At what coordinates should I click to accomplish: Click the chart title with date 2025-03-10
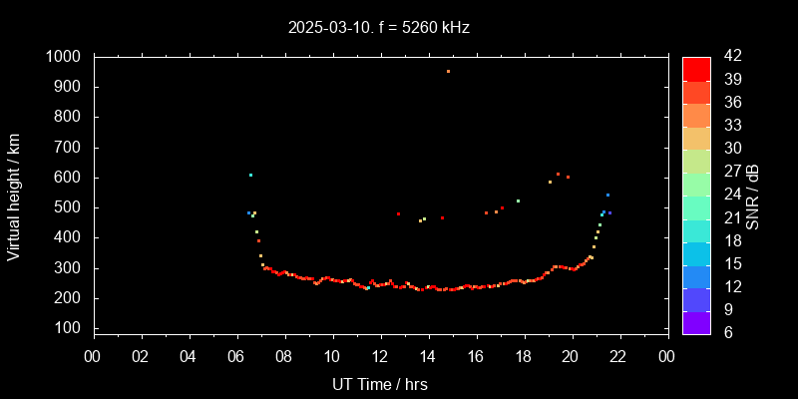[x=378, y=28]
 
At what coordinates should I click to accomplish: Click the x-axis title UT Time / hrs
[x=380, y=384]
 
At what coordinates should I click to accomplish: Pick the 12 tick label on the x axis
[x=380, y=356]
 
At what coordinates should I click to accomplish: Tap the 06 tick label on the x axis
[x=236, y=356]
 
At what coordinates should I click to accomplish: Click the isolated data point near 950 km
[x=448, y=72]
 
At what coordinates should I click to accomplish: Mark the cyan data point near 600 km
[x=250, y=175]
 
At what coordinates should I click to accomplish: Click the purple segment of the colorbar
[x=696, y=322]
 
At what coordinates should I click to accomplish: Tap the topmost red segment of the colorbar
[x=696, y=68]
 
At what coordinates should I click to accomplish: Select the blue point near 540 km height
[x=607, y=196]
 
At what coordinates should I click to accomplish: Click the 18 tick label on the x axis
[x=524, y=356]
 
